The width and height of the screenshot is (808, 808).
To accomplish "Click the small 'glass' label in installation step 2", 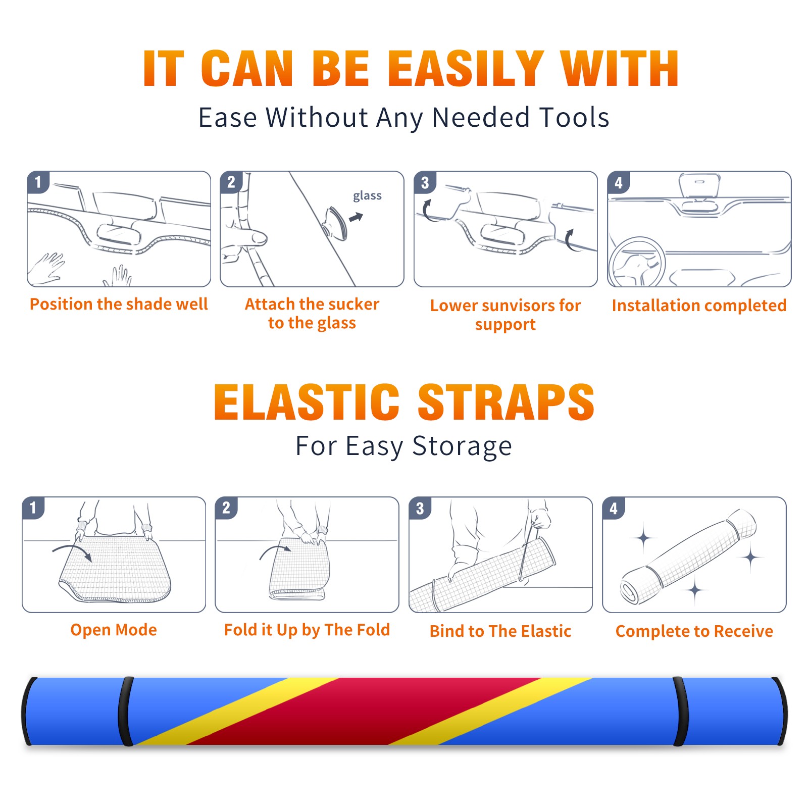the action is pyautogui.click(x=367, y=196).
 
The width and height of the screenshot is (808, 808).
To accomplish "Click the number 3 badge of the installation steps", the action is pyautogui.click(x=425, y=182).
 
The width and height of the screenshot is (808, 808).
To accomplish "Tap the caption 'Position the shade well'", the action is pyautogui.click(x=119, y=304).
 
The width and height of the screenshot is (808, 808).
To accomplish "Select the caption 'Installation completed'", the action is pyautogui.click(x=699, y=306).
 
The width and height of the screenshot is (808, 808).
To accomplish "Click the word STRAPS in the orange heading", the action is pyautogui.click(x=506, y=402).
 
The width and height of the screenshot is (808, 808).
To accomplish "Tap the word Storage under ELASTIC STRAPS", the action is pyautogui.click(x=462, y=446).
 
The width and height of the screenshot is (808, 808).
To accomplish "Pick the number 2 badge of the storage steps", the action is pyautogui.click(x=226, y=508).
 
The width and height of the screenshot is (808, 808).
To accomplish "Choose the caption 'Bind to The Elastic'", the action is pyautogui.click(x=500, y=631).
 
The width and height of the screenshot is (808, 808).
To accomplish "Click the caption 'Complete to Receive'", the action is pyautogui.click(x=694, y=631).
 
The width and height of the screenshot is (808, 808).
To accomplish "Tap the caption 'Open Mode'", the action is pyautogui.click(x=114, y=630).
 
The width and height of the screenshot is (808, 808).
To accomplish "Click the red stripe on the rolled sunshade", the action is pyautogui.click(x=364, y=711).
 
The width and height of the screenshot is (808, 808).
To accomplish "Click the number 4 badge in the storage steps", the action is pyautogui.click(x=614, y=508).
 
